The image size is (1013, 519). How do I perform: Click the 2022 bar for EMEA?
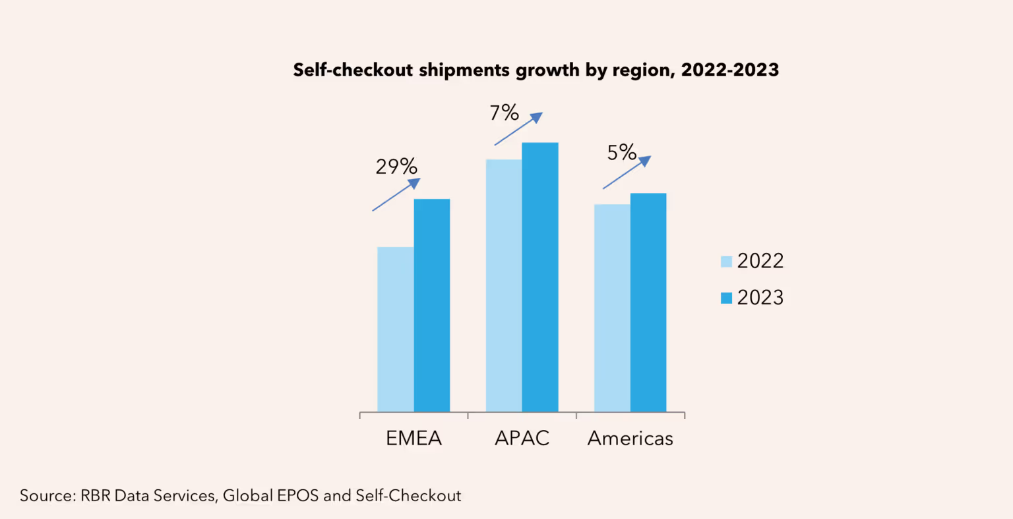pos(396,329)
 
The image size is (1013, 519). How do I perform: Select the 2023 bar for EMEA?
pos(432,306)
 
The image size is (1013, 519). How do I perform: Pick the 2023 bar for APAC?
pos(540,277)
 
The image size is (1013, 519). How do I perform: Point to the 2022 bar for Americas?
pos(612,308)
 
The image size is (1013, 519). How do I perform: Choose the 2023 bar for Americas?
pos(648,302)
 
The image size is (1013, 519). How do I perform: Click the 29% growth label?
pos(396,167)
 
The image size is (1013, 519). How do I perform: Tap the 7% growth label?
pos(504,113)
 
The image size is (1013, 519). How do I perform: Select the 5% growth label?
pos(622,153)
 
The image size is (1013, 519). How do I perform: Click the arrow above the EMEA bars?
pos(396,194)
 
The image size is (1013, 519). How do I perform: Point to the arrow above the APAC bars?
pos(518,128)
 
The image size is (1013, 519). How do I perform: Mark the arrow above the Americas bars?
pos(627,173)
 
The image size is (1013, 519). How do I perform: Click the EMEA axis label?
pos(414,439)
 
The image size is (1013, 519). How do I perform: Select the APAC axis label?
pos(522,439)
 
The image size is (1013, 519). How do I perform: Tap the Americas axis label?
pos(630,439)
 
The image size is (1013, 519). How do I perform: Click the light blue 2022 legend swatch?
pos(727,261)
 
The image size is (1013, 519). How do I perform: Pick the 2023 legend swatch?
pos(727,298)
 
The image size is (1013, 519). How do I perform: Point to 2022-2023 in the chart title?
pos(730,70)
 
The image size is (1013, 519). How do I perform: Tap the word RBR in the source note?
pos(96,496)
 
